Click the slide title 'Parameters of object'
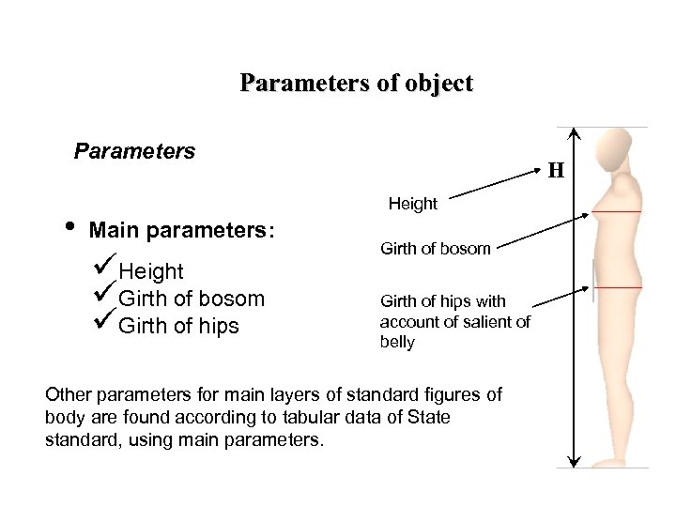(x=356, y=83)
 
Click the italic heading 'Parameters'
(x=134, y=151)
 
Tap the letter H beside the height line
(x=556, y=171)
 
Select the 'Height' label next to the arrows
(x=412, y=204)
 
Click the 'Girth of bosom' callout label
(x=435, y=249)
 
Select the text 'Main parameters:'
(x=182, y=231)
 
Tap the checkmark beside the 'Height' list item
(x=105, y=269)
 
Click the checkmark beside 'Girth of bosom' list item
(x=105, y=296)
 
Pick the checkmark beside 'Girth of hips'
(x=105, y=323)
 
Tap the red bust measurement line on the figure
(x=616, y=212)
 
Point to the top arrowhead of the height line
(x=575, y=132)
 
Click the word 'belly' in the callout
(x=397, y=343)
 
